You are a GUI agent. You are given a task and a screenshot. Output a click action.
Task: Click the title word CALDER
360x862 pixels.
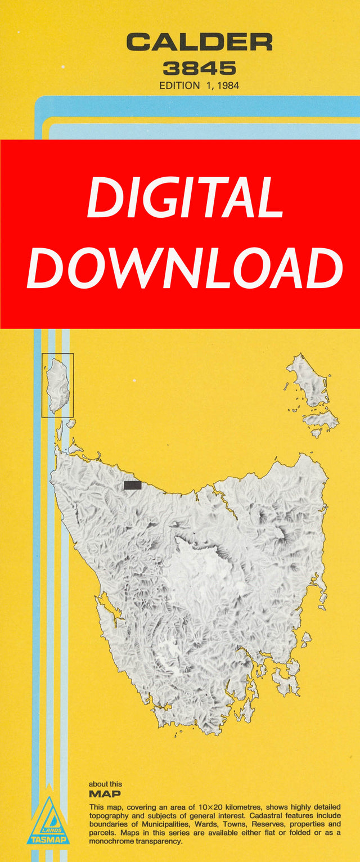tap(199, 43)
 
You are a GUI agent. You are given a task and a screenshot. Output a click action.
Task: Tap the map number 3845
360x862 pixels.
tap(199, 69)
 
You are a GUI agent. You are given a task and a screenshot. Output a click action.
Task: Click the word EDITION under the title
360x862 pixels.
tap(179, 86)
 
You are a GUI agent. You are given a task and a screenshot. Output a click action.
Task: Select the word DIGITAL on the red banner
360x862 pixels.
tap(185, 197)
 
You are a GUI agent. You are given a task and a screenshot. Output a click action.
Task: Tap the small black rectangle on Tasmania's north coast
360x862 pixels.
tap(132, 486)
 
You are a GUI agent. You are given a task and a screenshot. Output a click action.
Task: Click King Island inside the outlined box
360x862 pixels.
tap(58, 384)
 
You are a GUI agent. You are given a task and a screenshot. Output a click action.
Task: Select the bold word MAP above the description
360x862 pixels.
tap(105, 794)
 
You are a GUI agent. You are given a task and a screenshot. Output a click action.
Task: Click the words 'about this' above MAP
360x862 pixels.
tap(105, 784)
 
